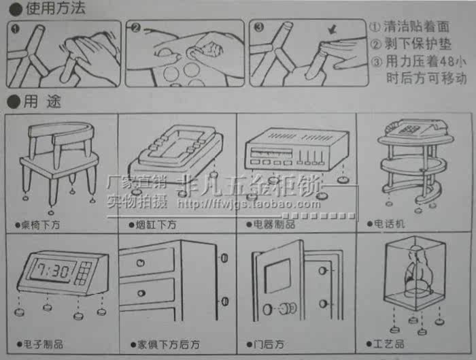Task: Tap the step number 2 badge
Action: tap(135, 29)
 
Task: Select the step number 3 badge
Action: tap(258, 29)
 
